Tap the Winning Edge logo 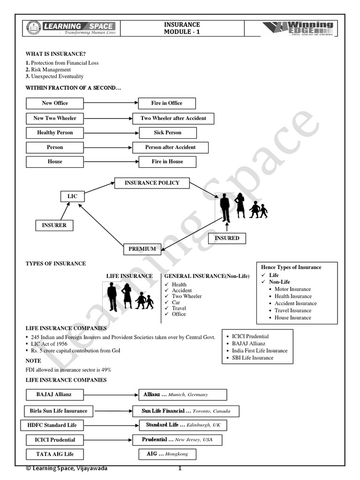297,28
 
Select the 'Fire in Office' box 167,103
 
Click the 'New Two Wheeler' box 55,118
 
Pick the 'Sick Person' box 167,133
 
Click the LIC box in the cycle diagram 72,196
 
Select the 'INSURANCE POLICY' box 152,183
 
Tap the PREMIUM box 142,249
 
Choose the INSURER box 54,225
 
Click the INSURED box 227,238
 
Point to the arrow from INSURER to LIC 65,211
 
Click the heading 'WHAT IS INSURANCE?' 56,54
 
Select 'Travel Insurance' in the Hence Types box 293,310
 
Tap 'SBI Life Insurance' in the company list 253,358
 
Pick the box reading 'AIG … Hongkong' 167,454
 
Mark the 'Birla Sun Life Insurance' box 59,411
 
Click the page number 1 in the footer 180,468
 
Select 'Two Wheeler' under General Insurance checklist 187,296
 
